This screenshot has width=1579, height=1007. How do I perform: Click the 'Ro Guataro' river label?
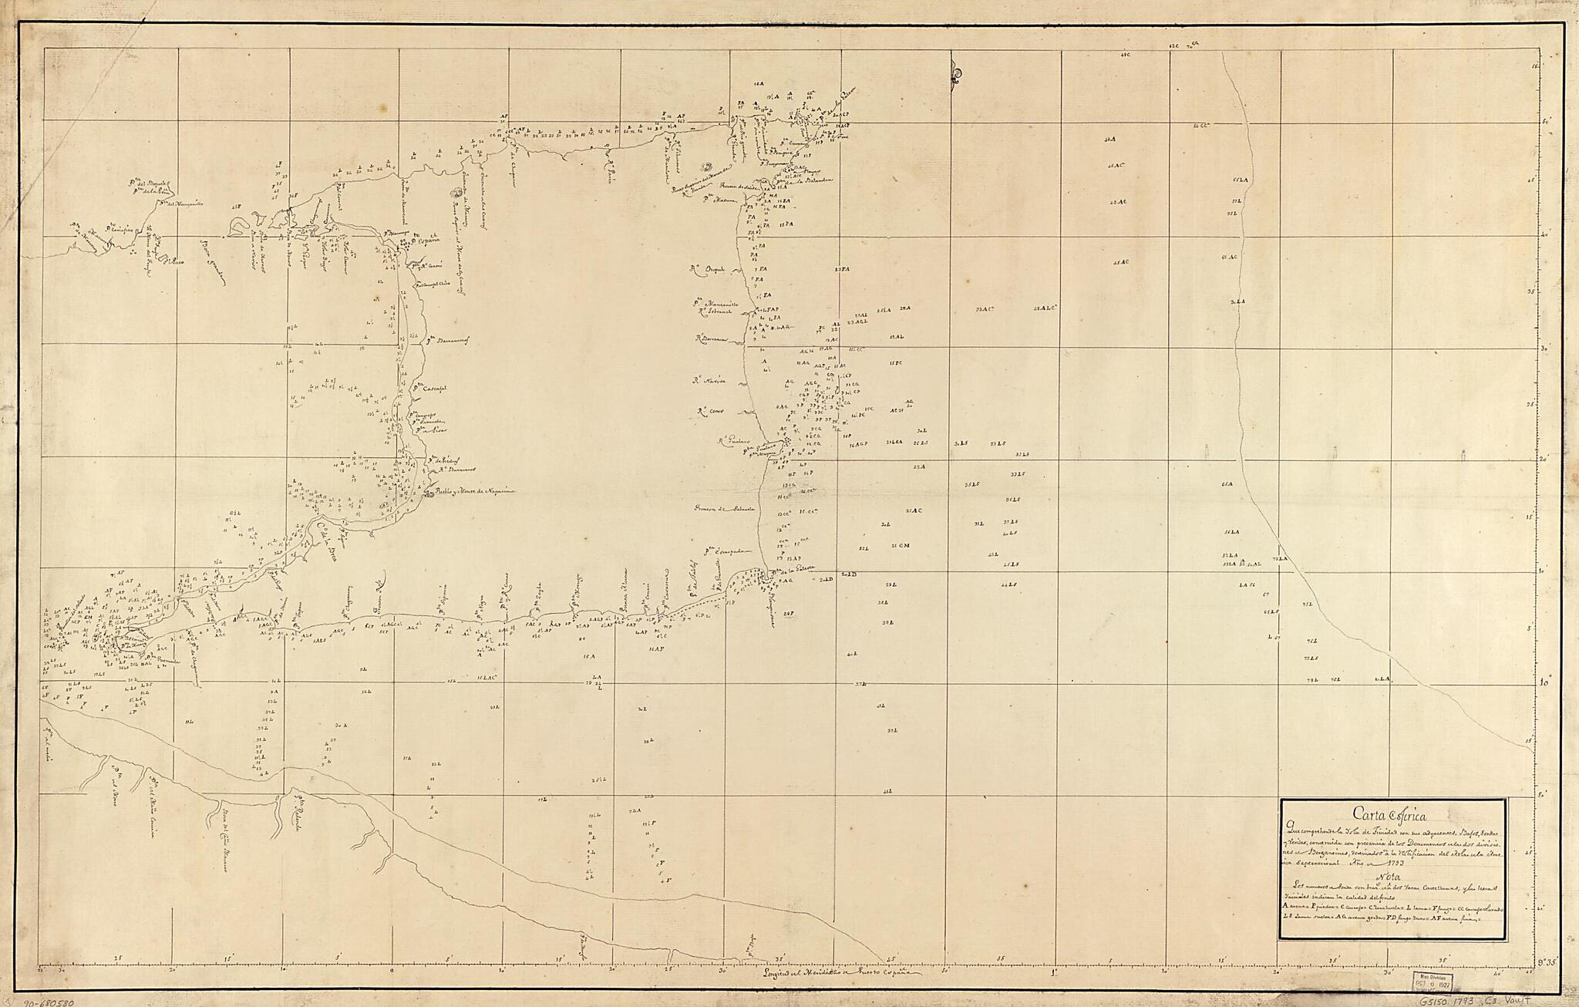pos(734,441)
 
